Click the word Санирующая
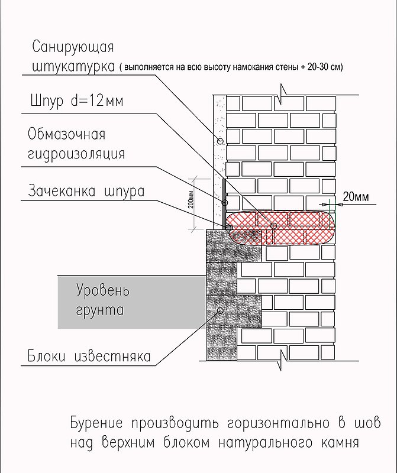[73, 47]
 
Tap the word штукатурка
[73, 67]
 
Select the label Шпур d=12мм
[77, 101]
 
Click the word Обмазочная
[66, 134]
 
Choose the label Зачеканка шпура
[86, 192]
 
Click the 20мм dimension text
[356, 197]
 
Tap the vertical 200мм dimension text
[191, 200]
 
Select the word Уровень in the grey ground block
[103, 290]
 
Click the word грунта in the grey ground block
[99, 310]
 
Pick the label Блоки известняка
[89, 356]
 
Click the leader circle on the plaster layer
[220, 141]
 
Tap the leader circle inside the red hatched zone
[273, 226]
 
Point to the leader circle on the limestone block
[220, 310]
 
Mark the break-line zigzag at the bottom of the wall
[283, 361]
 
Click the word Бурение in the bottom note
[96, 423]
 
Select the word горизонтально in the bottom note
[278, 423]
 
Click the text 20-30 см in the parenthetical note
[325, 67]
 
